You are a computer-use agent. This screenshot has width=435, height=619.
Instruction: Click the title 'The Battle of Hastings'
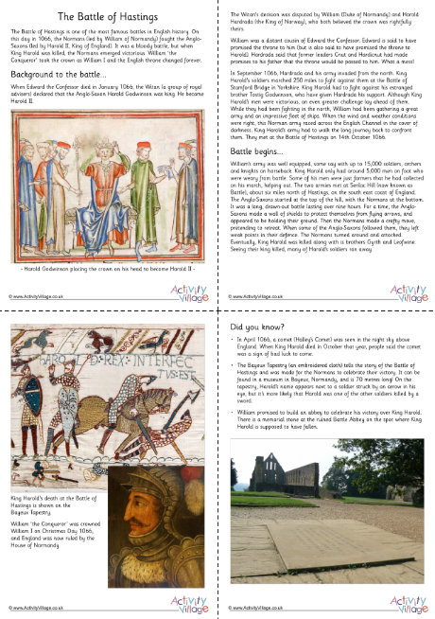pos(109,17)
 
